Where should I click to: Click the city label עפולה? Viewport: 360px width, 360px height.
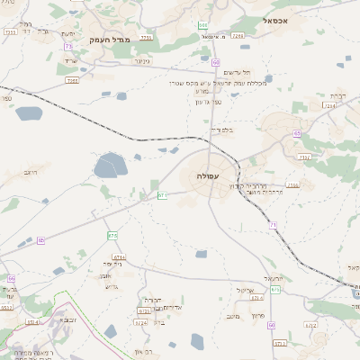[210, 176]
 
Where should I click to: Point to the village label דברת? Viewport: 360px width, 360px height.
[337, 94]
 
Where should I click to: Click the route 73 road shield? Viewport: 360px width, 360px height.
[68, 46]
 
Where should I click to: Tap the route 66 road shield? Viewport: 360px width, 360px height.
[12, 279]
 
